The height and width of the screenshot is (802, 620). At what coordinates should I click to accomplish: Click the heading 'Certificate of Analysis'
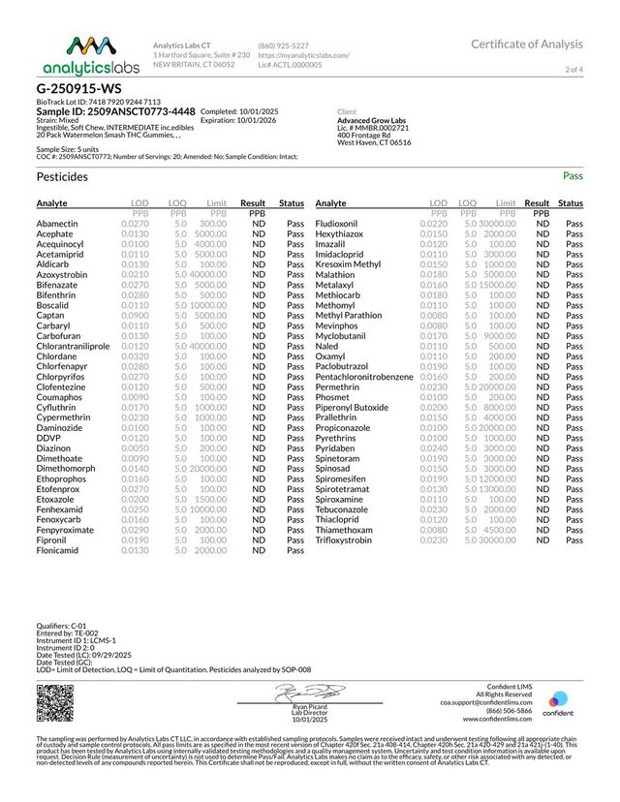(x=527, y=45)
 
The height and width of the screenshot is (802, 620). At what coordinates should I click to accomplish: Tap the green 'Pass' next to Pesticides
(x=573, y=177)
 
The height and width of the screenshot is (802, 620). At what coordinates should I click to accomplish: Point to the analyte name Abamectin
(x=57, y=224)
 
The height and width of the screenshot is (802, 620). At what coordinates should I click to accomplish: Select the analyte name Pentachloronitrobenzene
(x=371, y=375)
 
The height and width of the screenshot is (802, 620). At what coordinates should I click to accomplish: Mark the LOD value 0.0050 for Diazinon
(x=135, y=449)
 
